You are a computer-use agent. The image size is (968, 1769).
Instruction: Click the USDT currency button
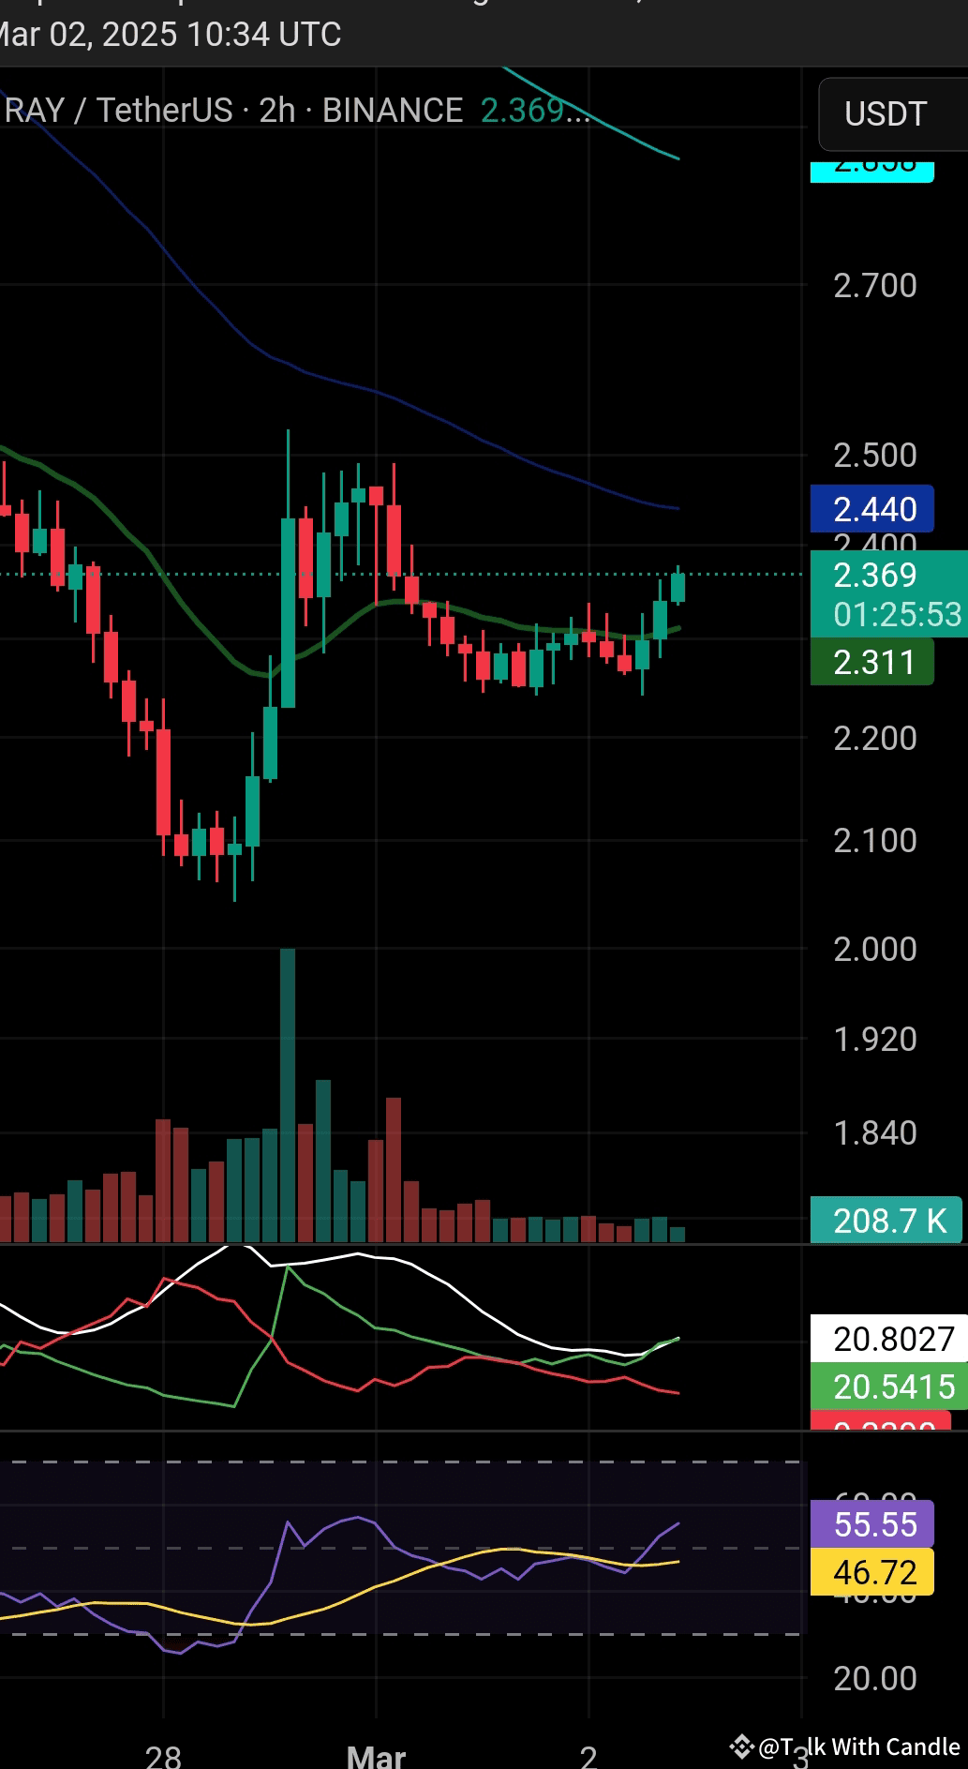pos(886,114)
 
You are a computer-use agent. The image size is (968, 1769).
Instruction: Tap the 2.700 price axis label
pos(875,285)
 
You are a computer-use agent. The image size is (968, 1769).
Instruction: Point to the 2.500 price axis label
pos(875,456)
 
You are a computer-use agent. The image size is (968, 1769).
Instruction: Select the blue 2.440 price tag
pos(873,509)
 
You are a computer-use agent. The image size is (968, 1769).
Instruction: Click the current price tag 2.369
pos(875,575)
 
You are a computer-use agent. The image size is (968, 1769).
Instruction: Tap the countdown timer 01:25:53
pos(897,615)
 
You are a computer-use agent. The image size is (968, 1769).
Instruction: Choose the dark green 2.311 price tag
pos(873,663)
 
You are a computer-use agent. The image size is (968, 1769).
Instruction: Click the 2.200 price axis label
pos(875,739)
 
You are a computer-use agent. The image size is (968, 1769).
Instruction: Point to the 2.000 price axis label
pos(875,949)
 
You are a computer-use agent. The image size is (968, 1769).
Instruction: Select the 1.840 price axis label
pos(875,1133)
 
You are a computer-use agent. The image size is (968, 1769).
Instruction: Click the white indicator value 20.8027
pos(893,1339)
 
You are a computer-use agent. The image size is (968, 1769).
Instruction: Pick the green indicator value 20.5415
pos(893,1387)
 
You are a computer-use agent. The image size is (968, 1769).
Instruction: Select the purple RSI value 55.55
pos(874,1524)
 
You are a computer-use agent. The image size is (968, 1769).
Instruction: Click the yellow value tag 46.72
pos(874,1572)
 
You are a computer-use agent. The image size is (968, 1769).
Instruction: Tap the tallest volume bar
pos(288,1087)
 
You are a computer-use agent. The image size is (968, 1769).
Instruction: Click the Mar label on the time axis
pos(376,1755)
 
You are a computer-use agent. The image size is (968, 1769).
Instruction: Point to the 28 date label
pos(164,1755)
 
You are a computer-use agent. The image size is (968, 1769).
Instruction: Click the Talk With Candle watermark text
pos(858,1747)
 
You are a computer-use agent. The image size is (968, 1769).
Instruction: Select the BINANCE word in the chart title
pos(393,111)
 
